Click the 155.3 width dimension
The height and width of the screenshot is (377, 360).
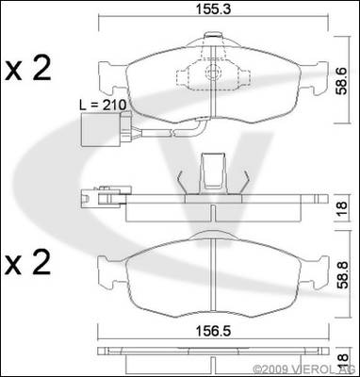pyautogui.click(x=214, y=8)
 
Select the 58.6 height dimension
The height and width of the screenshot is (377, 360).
pyautogui.click(x=343, y=80)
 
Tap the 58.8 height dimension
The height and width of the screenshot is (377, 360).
pyautogui.click(x=343, y=274)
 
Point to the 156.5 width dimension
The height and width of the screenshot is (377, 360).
pyautogui.click(x=213, y=331)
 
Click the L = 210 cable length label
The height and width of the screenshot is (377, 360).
pyautogui.click(x=103, y=105)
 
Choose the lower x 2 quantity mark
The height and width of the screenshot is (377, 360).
pyautogui.click(x=28, y=263)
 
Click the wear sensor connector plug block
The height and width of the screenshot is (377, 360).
pyautogui.click(x=101, y=129)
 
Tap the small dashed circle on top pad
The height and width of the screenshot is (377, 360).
pyautogui.click(x=211, y=73)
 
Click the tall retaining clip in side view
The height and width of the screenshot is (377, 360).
pyautogui.click(x=214, y=172)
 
